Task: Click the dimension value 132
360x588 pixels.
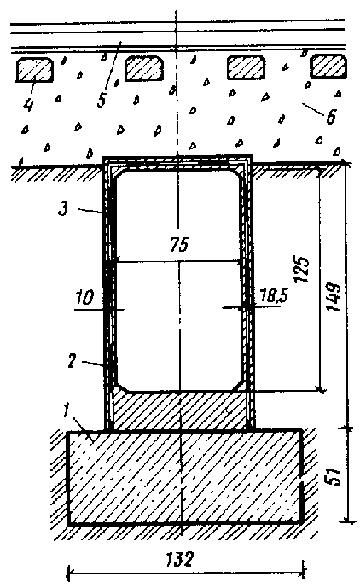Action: (x=180, y=559)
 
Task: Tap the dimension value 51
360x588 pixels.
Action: (x=334, y=476)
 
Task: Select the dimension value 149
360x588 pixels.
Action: (x=333, y=297)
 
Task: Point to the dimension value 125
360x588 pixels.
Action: (x=303, y=269)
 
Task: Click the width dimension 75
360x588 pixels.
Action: (x=179, y=245)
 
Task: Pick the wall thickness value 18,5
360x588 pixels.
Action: (x=274, y=295)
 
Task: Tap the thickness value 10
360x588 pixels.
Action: (x=84, y=297)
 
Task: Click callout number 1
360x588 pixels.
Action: (x=67, y=411)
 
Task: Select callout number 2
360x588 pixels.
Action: (x=72, y=361)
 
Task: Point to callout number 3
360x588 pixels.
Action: (x=63, y=208)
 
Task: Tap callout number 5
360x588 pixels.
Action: (x=102, y=99)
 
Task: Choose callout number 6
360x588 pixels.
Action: (x=330, y=117)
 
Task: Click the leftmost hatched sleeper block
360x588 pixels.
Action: (x=34, y=70)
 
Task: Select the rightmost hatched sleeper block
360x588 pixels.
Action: (x=328, y=66)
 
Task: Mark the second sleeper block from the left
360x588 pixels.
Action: (x=144, y=68)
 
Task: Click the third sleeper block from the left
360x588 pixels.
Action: (x=246, y=67)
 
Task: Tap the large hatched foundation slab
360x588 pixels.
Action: (x=185, y=476)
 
